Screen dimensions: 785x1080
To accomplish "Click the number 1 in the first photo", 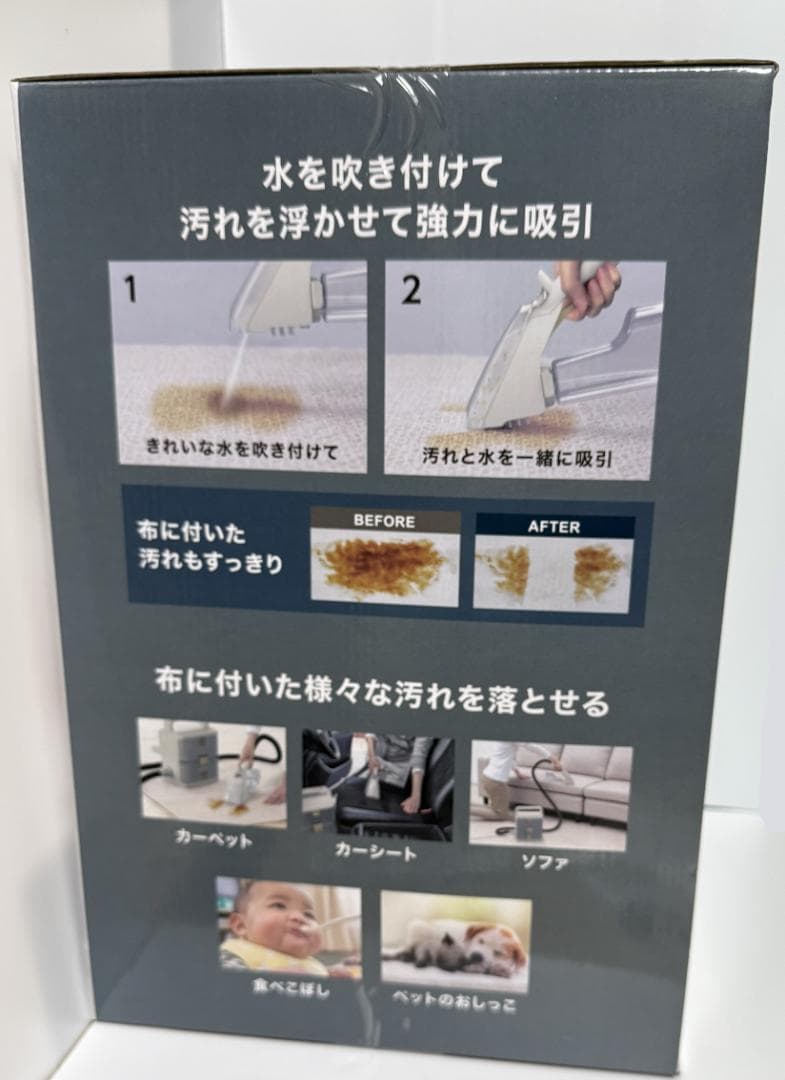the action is point(131,289).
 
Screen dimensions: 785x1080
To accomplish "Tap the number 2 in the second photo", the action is point(411,291).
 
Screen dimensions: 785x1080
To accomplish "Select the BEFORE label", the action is point(384,521).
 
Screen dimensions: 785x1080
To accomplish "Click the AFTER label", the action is point(554,527).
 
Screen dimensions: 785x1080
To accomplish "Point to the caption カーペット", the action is point(214,838).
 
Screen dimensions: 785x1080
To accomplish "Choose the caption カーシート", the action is point(376,852).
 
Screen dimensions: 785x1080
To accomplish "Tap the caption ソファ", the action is point(545,862).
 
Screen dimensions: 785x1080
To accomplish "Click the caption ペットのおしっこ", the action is point(454,1001).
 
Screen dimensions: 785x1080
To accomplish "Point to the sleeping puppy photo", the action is point(455,939).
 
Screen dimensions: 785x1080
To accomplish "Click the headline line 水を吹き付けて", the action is point(381,174).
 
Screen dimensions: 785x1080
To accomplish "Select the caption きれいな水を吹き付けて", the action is point(242,450).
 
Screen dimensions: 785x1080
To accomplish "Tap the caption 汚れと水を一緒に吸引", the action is point(517,457).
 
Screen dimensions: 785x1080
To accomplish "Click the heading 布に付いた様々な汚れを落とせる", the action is point(382,693).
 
